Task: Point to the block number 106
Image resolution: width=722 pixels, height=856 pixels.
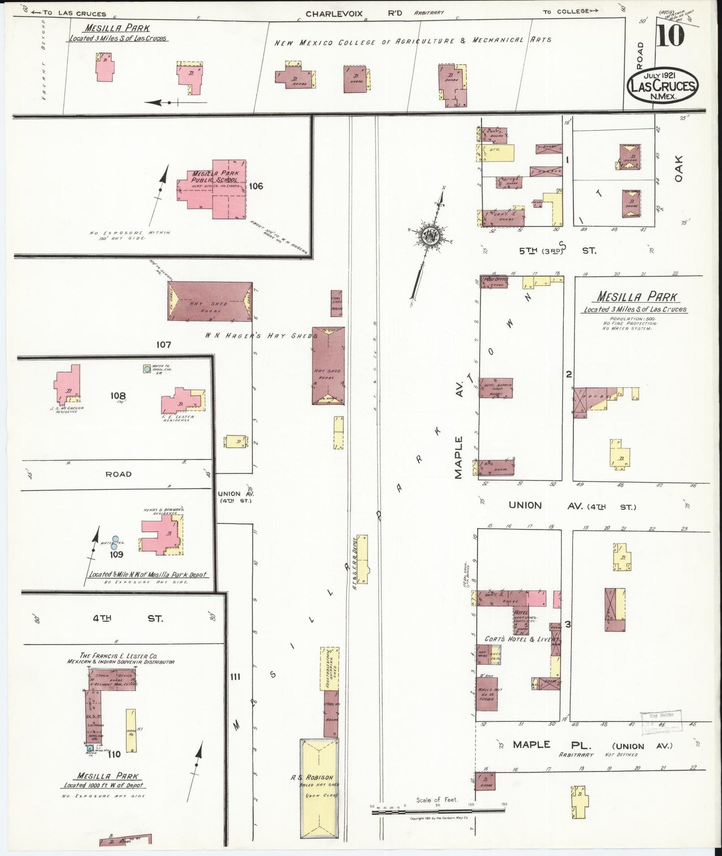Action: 255,186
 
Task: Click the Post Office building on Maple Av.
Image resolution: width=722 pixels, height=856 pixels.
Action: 494,282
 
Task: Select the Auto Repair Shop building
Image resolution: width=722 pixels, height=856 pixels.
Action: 496,388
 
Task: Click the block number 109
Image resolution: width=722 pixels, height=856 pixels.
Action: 117,554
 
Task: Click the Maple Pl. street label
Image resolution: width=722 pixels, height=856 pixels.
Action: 531,745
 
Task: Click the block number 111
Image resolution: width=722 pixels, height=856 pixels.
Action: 236,677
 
